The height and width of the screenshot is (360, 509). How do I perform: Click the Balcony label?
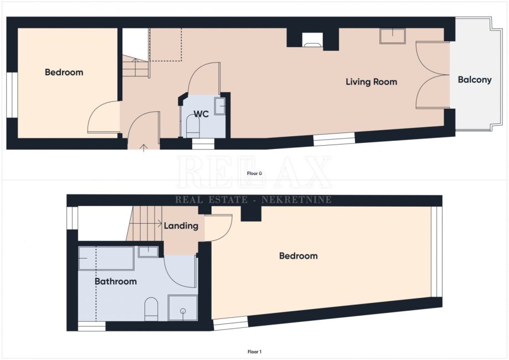pos(475,80)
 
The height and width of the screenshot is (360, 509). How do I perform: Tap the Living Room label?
pos(371,82)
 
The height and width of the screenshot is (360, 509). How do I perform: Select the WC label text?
pos(201,114)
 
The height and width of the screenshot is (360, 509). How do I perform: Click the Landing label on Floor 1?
pos(181,225)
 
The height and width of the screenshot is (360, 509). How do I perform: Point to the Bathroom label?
pos(116,281)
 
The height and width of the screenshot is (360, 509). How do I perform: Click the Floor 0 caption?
pos(255,173)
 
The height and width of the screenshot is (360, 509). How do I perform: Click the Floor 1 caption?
pos(255,352)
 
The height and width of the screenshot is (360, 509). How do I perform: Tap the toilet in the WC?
pos(193,127)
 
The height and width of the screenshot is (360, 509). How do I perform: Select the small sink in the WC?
pos(220,106)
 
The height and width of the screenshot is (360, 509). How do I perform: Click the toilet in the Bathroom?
pos(151,309)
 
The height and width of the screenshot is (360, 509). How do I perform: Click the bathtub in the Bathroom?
pos(106,259)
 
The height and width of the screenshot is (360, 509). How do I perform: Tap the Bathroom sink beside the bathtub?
pos(148,252)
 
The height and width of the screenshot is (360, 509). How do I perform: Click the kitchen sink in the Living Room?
pos(393,35)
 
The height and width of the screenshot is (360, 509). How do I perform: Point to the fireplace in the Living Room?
pos(312,40)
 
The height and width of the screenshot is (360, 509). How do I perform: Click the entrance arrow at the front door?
pos(143,148)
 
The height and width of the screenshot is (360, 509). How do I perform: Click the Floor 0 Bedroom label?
pos(64,73)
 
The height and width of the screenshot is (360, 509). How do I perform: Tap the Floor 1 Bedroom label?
pos(299,256)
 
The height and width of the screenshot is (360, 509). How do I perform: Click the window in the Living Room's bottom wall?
pos(334,139)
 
